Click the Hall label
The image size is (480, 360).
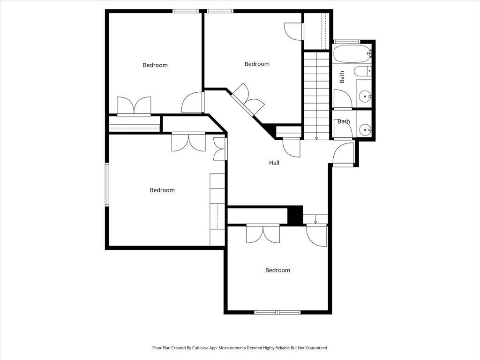(274, 163)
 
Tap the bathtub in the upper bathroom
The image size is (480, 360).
(352, 54)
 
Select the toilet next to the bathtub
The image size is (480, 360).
(363, 71)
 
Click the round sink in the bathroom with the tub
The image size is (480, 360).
(365, 97)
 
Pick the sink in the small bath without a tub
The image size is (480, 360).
(365, 130)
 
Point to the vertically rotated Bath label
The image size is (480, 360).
(342, 77)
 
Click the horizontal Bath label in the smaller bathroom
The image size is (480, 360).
(344, 121)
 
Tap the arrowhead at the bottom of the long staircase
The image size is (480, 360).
(316, 138)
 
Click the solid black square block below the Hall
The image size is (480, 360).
(295, 215)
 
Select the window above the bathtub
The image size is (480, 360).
(346, 42)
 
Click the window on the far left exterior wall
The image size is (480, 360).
(107, 184)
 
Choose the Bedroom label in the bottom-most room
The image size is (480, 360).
(277, 270)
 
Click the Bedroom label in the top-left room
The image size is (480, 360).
(155, 65)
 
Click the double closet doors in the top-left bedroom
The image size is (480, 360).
(134, 106)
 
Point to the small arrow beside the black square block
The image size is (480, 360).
(315, 219)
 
